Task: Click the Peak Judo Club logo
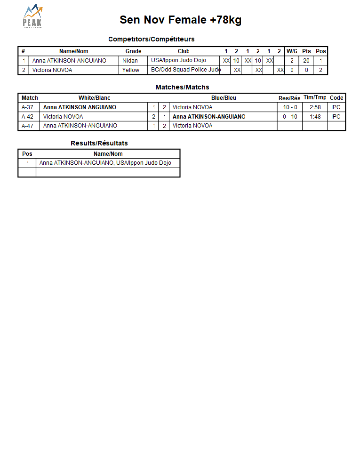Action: (x=32, y=16)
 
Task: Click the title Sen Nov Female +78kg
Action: (x=180, y=20)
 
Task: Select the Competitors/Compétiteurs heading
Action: (x=151, y=39)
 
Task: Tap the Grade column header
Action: (x=133, y=51)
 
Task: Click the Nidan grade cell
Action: (x=130, y=61)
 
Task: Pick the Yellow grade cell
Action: (x=131, y=70)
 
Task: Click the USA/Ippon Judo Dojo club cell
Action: (x=178, y=61)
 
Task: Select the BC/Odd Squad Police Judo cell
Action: (x=185, y=70)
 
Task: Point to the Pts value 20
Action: (x=306, y=61)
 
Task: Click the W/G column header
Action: (x=292, y=51)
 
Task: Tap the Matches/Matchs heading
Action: (x=182, y=87)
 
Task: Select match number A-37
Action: (x=27, y=107)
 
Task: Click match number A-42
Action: (x=27, y=117)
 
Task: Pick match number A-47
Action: (x=27, y=126)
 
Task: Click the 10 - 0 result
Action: (x=290, y=107)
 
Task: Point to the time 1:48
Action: (x=315, y=117)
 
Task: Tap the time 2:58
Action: (x=315, y=107)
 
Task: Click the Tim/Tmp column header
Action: (x=315, y=98)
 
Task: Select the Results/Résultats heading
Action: (x=99, y=143)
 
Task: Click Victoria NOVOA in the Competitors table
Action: (x=52, y=70)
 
